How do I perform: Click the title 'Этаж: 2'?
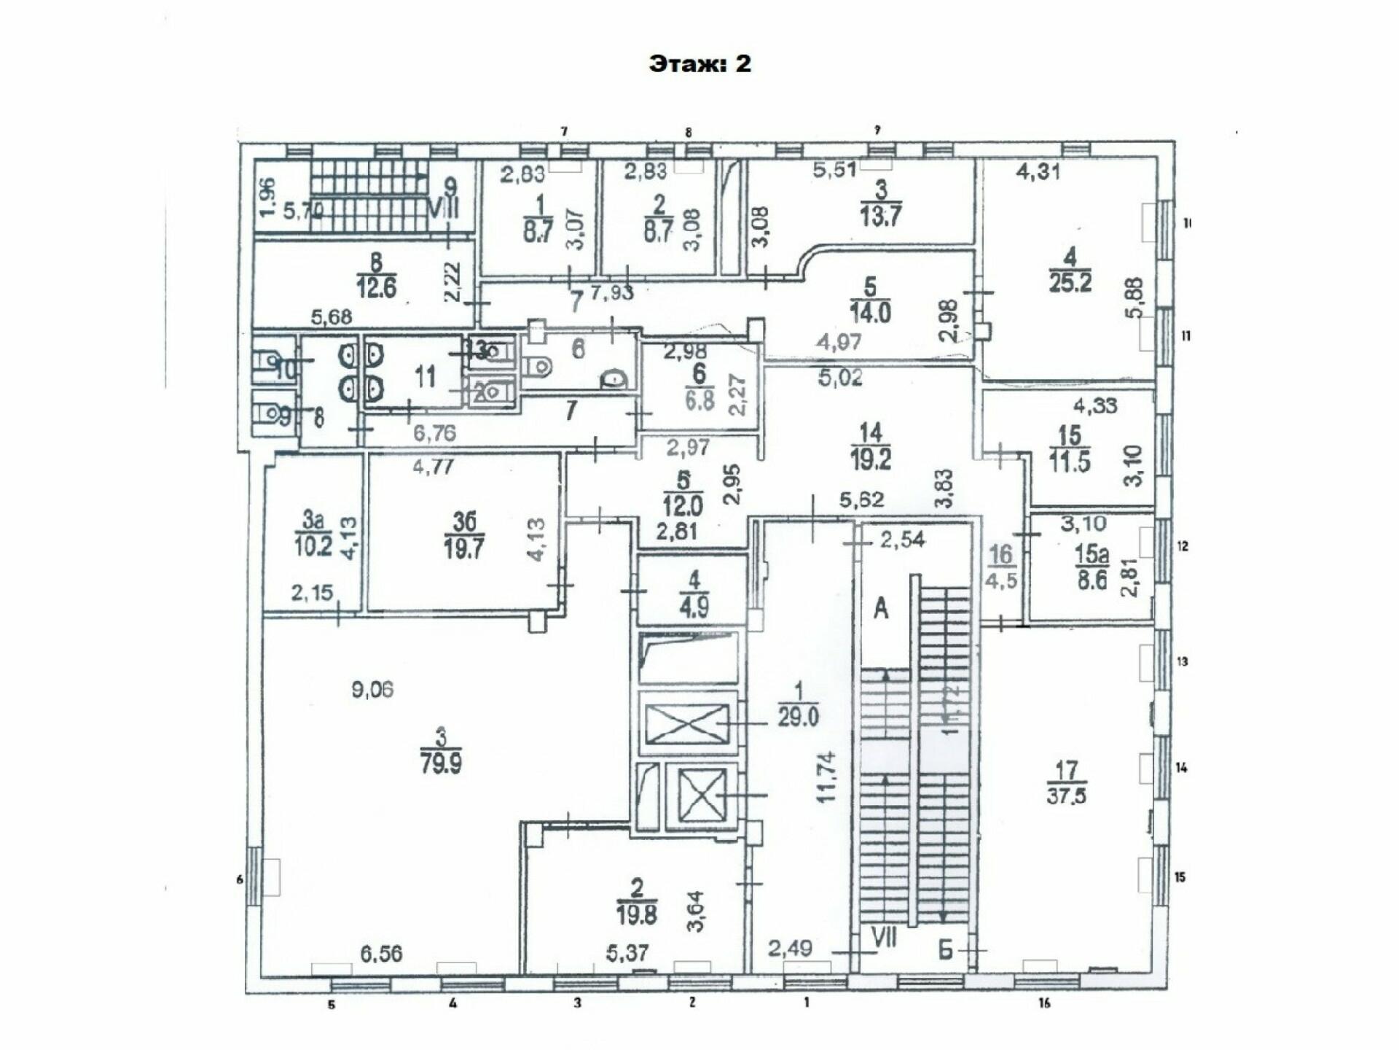(x=699, y=64)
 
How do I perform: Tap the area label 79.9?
(x=441, y=764)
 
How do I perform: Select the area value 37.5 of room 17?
(x=1066, y=795)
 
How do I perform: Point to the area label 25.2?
(x=1070, y=281)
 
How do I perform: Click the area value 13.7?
(x=881, y=217)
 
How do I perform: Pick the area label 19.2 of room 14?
(x=871, y=459)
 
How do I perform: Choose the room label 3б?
(x=464, y=522)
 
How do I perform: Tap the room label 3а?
(x=313, y=521)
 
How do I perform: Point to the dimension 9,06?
(x=372, y=689)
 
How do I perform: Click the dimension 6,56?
(x=381, y=953)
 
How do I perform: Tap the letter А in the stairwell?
(x=881, y=607)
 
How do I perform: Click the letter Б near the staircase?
(x=945, y=950)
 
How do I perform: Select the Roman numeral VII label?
(x=884, y=937)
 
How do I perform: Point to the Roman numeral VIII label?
(x=443, y=210)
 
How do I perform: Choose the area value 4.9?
(x=693, y=607)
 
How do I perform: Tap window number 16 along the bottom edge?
(x=1044, y=1004)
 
